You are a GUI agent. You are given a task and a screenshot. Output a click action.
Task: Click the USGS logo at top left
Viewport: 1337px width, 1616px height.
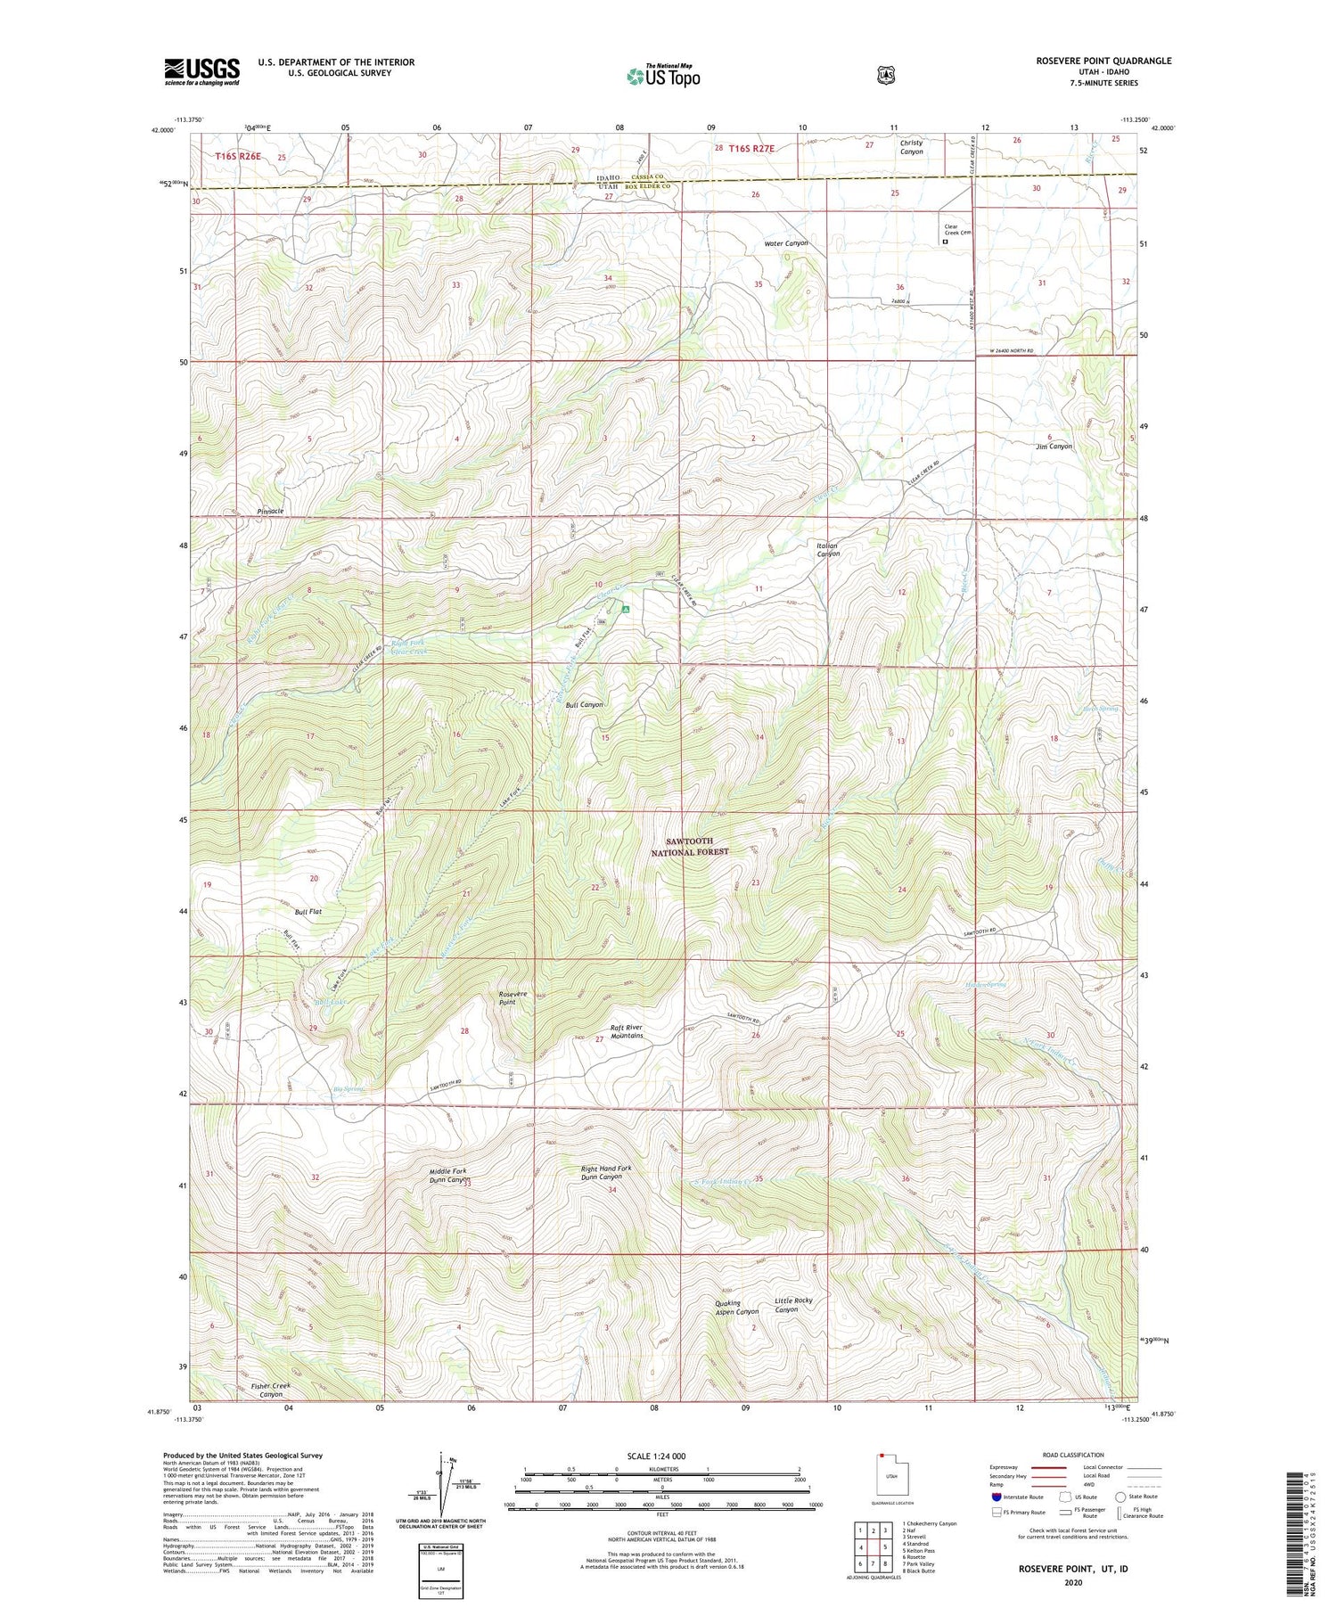pos(201,71)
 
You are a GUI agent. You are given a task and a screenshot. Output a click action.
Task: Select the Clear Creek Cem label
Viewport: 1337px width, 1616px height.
pos(957,230)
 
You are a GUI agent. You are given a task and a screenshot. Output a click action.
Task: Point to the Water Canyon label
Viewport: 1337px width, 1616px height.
pos(785,243)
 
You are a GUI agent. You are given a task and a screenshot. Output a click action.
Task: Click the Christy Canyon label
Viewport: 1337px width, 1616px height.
pos(911,147)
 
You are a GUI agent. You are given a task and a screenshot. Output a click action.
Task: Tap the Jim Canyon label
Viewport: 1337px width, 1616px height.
pos(1054,447)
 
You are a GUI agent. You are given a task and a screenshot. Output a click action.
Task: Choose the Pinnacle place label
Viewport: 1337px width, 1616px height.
pos(270,511)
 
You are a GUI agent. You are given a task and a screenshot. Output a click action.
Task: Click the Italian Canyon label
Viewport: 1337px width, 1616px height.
pos(828,549)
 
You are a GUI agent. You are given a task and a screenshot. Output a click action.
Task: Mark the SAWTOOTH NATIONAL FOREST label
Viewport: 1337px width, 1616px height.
pos(698,846)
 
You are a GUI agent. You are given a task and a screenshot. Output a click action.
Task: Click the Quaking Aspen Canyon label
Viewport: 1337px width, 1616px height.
pos(736,1307)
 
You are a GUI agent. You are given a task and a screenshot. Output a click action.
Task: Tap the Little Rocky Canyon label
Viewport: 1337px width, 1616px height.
pos(793,1305)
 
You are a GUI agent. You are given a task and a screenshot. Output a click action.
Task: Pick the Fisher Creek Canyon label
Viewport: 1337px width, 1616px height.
pos(270,1390)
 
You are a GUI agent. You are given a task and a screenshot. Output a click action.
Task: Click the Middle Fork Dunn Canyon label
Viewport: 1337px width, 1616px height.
pos(448,1175)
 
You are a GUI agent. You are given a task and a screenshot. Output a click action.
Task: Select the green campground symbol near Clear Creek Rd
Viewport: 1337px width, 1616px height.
pos(627,610)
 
